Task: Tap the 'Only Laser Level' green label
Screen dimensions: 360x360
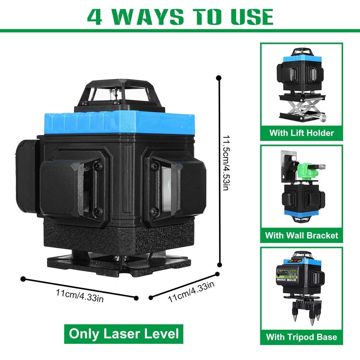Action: pos(124,333)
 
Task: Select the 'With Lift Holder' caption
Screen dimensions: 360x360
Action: pos(301,133)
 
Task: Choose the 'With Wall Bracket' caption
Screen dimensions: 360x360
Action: pos(301,235)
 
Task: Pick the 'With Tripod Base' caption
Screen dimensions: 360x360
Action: pos(301,337)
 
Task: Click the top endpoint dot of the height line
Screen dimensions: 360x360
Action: pos(219,78)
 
